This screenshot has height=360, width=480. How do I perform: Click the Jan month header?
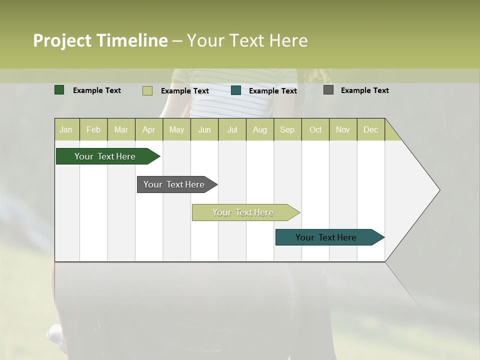click(66, 129)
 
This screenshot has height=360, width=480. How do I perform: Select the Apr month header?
click(149, 129)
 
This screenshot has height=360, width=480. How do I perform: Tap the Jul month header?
click(232, 129)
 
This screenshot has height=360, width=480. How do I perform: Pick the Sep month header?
click(287, 129)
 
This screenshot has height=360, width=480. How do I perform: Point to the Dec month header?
click(371, 129)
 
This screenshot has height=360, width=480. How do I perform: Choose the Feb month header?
click(93, 129)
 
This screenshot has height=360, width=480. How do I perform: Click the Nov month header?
click(343, 129)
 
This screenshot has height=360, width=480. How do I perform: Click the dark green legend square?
click(59, 90)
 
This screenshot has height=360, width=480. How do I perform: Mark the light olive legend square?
click(147, 90)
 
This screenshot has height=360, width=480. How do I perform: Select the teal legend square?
click(236, 90)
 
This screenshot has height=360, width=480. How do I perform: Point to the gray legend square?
click(328, 90)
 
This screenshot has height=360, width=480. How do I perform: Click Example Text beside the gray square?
click(364, 90)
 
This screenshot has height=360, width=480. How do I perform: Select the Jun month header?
click(204, 129)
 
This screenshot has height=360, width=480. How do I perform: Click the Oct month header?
click(315, 129)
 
